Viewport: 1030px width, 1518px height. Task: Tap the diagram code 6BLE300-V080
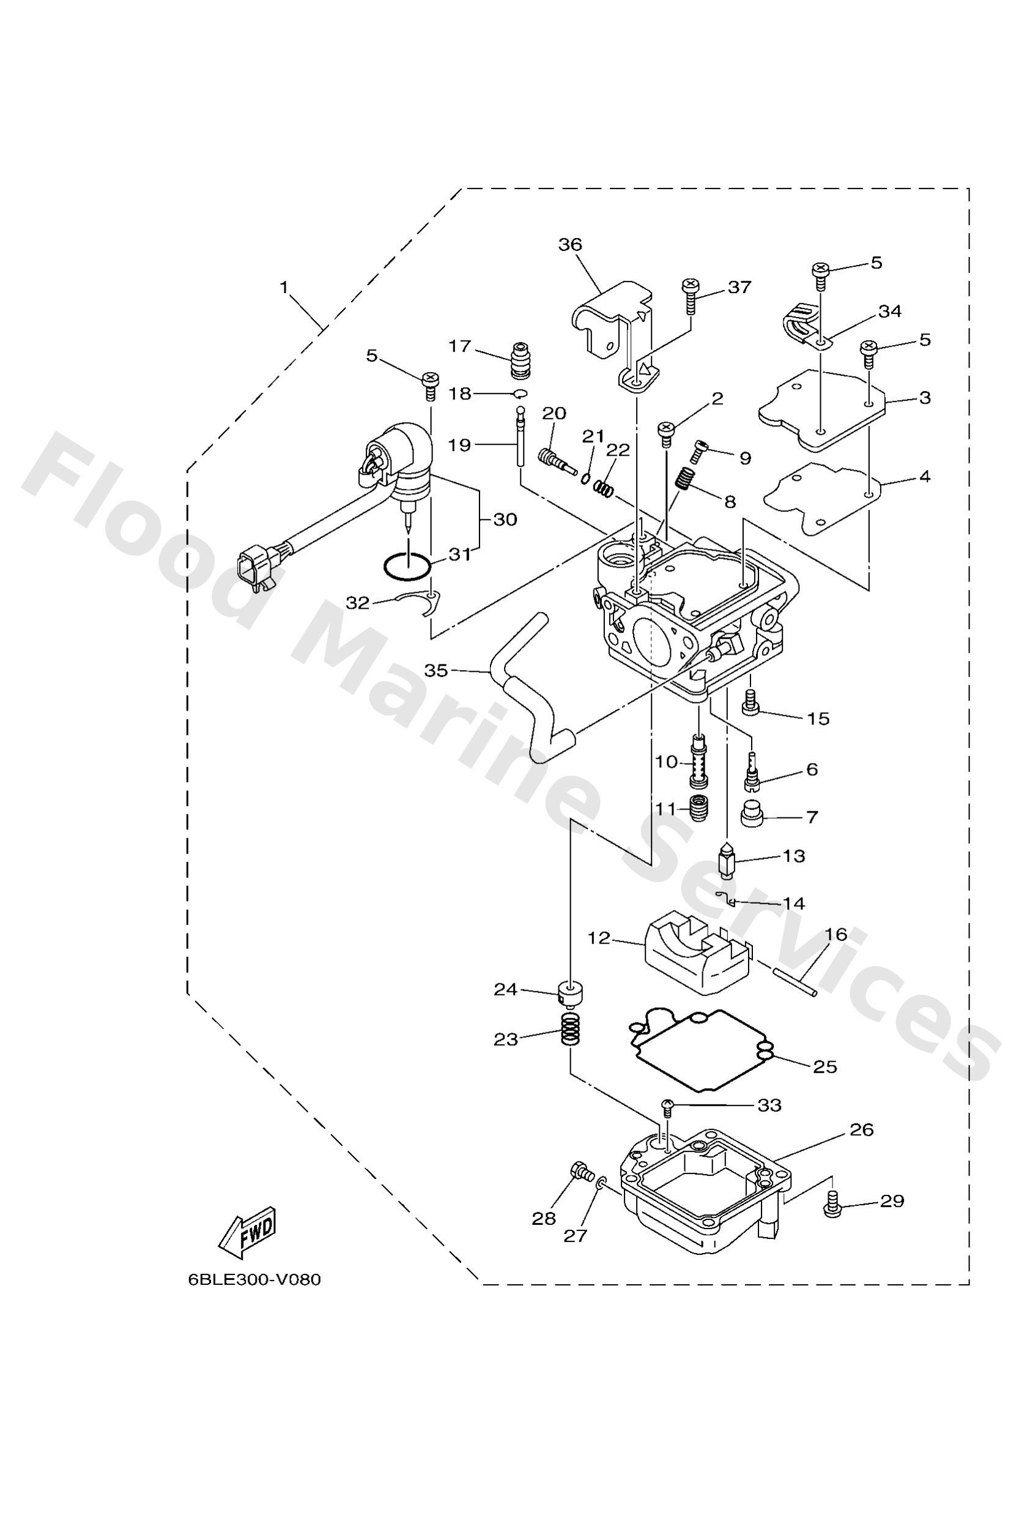pos(254,1279)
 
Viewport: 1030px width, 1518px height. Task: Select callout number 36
pos(569,245)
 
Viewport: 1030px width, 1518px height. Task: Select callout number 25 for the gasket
pos(825,1066)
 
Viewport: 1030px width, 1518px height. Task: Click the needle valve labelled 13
pos(725,861)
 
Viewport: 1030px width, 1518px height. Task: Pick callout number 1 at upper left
pos(284,287)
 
